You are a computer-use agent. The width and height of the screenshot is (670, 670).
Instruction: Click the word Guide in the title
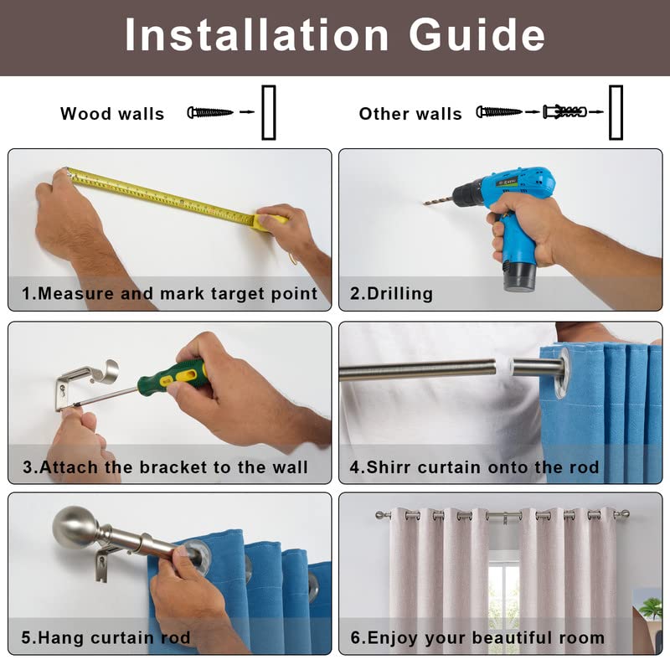click(x=477, y=35)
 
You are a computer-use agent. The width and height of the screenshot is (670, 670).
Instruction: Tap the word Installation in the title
click(x=256, y=35)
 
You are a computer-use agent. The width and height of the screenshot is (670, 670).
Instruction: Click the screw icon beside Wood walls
click(x=210, y=112)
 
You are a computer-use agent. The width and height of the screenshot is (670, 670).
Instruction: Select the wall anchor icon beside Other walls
click(x=564, y=112)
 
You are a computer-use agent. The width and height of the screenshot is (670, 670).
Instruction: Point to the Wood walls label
click(x=112, y=114)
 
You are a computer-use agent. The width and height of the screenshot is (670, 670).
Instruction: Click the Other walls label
click(x=410, y=114)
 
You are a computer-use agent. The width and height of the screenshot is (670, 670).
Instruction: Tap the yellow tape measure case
click(x=270, y=222)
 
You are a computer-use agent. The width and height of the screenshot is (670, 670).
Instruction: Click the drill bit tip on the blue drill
click(x=425, y=204)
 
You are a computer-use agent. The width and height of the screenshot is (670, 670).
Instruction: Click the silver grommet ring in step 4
click(x=562, y=372)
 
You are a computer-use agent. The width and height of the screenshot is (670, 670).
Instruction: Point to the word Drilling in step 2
click(x=400, y=294)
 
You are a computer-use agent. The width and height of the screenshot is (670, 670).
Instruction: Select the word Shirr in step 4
click(x=389, y=467)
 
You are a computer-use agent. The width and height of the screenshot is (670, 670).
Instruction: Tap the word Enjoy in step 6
click(x=392, y=639)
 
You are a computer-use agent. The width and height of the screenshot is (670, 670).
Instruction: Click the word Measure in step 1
click(x=75, y=294)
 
